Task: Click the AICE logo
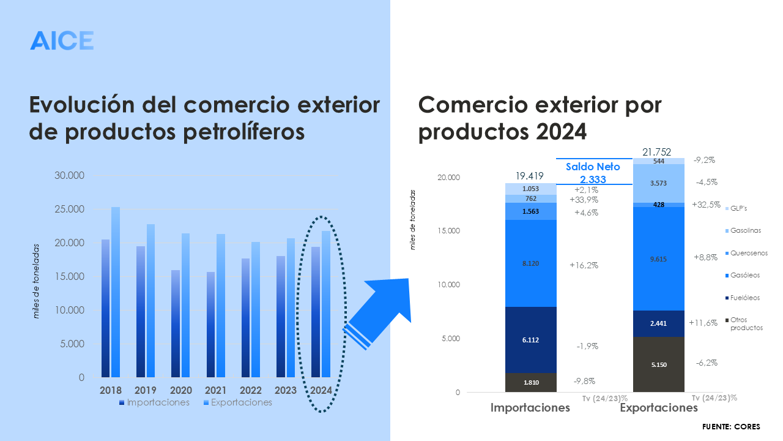pos(62,40)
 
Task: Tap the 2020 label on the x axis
pos(180,390)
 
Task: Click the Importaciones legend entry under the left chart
pos(154,402)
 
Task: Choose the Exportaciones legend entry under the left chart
pos(237,402)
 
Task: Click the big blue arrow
pos(382,309)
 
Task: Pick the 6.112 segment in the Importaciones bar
pos(530,340)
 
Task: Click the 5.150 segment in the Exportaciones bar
pos(658,364)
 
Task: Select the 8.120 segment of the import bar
pos(530,263)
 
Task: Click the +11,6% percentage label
pos(702,323)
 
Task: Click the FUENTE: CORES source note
pos(730,426)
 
